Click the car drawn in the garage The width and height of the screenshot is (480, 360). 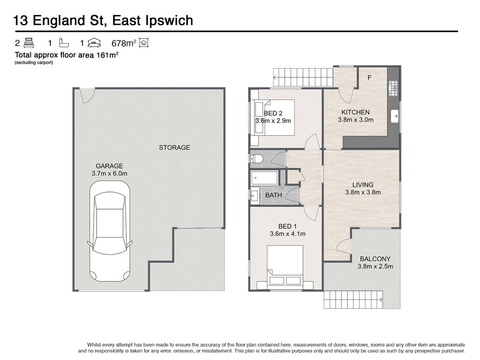point(109,231)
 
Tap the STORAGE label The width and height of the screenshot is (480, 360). point(174,148)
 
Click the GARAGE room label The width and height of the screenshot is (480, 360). point(109,166)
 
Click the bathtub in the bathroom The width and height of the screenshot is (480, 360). point(265,178)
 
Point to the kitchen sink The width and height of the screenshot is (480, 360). point(395,116)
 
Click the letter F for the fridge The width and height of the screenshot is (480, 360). point(370,78)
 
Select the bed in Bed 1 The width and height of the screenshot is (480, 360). point(285,266)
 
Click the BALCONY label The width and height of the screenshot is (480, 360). point(375,259)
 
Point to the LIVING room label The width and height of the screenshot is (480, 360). point(363,185)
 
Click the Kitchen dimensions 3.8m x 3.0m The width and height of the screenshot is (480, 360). point(355,119)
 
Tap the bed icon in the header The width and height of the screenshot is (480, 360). point(29,43)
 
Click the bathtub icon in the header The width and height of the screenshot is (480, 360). point(63,43)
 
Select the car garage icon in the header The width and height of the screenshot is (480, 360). point(94,43)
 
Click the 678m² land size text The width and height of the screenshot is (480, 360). point(124,43)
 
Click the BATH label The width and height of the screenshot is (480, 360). point(274,195)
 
